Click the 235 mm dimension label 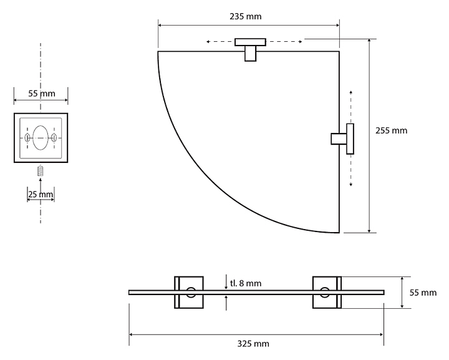(x=246, y=16)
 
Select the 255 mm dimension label (x=391, y=130)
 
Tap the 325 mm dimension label (x=253, y=343)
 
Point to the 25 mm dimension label (x=41, y=195)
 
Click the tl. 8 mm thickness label (x=246, y=283)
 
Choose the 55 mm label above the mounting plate (x=42, y=94)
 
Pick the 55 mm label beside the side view (x=423, y=293)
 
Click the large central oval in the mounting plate (x=41, y=137)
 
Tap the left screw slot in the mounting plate (x=27, y=138)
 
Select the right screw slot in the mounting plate (x=54, y=138)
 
